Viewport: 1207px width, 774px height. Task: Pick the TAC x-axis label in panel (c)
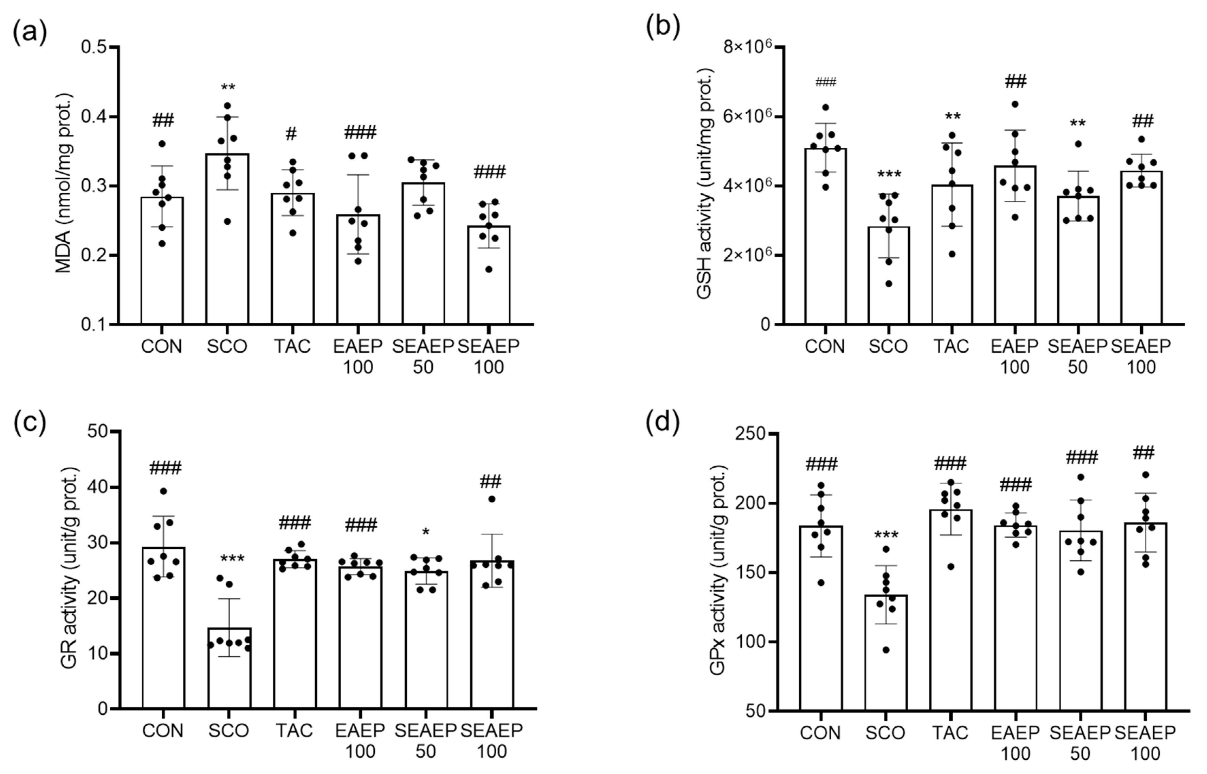[x=294, y=730]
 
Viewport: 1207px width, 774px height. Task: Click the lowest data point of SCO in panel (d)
[x=886, y=650]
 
